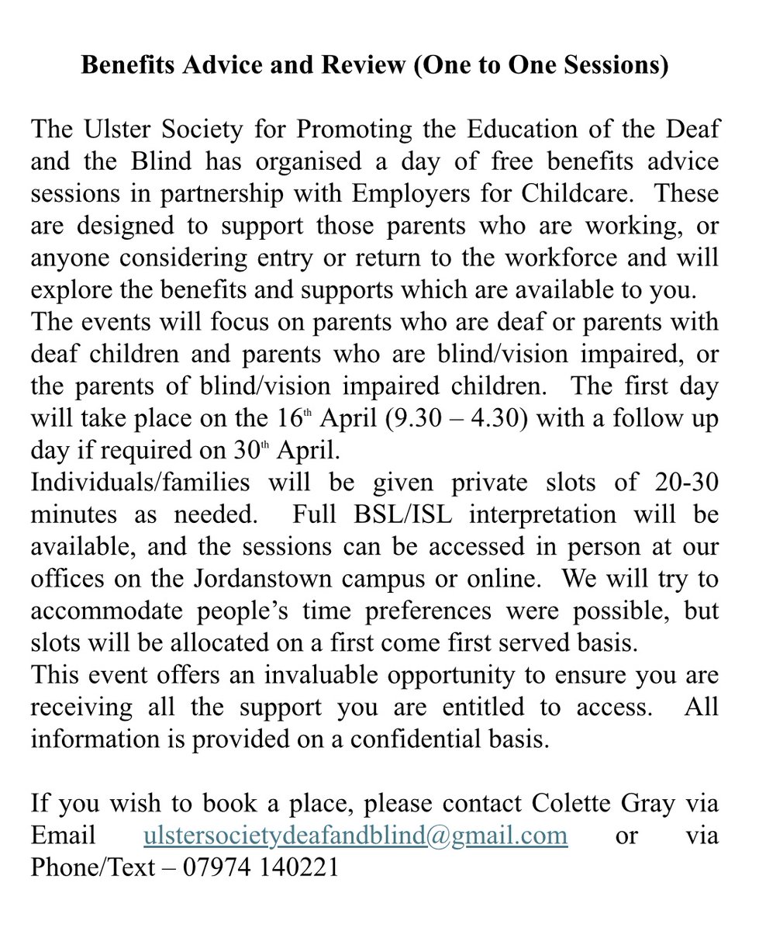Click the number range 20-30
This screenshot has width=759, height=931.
pos(676,482)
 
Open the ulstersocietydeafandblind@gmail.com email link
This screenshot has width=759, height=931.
pos(355,836)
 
